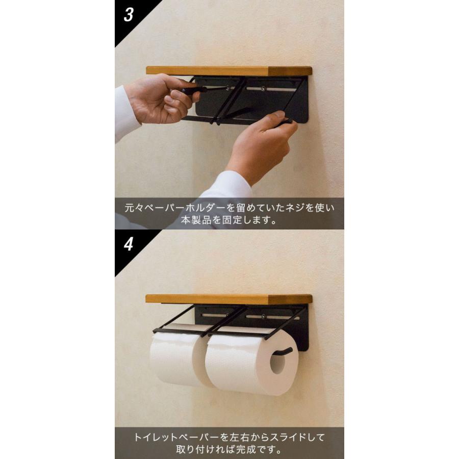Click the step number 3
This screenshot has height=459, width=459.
point(129,15)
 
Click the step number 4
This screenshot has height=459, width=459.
point(129,244)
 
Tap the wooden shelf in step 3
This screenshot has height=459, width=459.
point(229,71)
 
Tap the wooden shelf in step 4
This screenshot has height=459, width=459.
point(229,299)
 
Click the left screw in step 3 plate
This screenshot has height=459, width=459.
point(227,88)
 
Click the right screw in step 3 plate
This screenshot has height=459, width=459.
point(263,88)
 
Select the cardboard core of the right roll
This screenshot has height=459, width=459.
point(277,362)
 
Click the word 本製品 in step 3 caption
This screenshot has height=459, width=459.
point(196,220)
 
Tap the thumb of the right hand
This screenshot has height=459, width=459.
point(274,117)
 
